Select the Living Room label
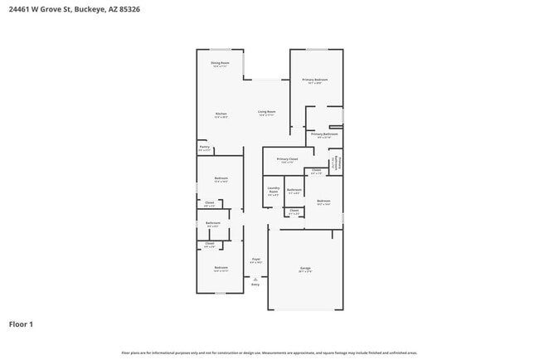pos(266,111)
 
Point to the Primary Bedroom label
pos(315,80)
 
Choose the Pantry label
pos(204,148)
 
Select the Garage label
pos(305,268)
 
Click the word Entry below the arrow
pos(255,285)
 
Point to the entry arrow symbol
pos(255,279)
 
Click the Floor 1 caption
pos(21,324)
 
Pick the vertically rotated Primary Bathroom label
pos(337,163)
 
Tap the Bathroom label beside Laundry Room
pos(294,190)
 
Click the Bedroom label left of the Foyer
pos(221,267)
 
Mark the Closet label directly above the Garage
pos(294,212)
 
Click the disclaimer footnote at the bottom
pos(269,353)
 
